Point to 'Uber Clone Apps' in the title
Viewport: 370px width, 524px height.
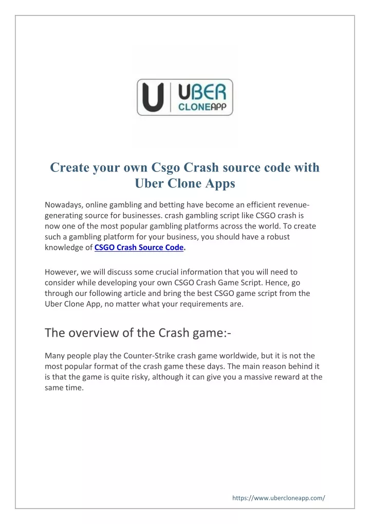pos(184,184)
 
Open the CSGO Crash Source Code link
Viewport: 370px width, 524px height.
pos(139,248)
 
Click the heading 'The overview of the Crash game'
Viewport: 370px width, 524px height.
pos(138,333)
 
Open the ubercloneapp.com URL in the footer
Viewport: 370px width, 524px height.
pos(279,498)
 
